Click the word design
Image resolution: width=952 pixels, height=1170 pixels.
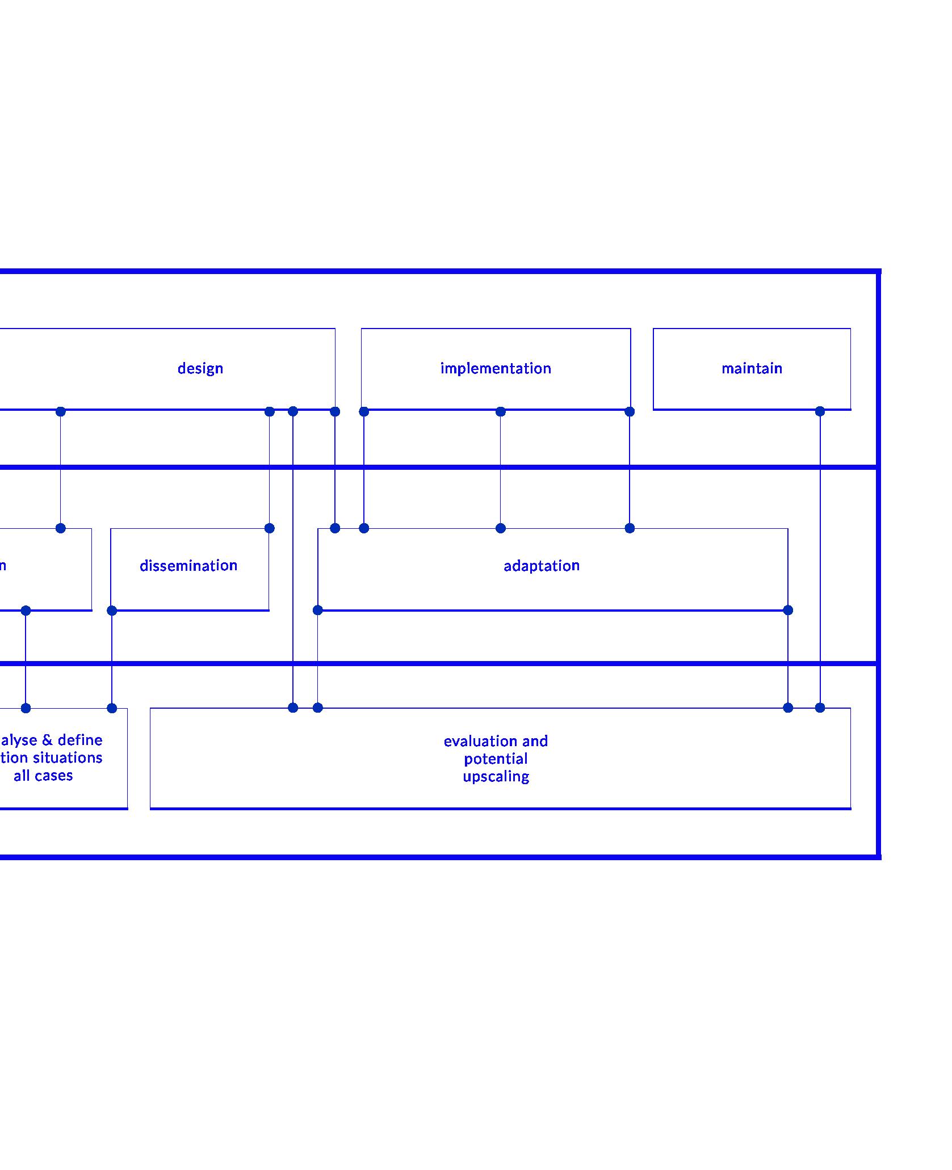(x=200, y=369)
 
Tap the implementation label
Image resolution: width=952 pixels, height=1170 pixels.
(x=496, y=369)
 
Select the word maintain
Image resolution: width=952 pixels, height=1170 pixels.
(x=752, y=369)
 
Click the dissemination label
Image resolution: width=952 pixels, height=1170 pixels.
(x=188, y=566)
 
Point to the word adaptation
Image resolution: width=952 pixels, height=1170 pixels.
(x=542, y=566)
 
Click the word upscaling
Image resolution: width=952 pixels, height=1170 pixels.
(x=496, y=777)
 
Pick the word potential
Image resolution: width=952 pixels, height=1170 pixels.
(x=496, y=759)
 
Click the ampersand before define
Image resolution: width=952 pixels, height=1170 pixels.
(x=47, y=740)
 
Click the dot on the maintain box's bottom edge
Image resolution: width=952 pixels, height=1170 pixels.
(x=820, y=411)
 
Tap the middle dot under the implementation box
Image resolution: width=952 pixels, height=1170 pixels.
(x=500, y=411)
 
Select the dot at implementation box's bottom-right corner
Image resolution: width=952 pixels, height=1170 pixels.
(x=630, y=411)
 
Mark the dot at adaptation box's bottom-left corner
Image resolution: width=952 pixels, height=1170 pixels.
(x=318, y=610)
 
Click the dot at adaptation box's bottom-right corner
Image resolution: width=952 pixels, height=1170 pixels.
(x=788, y=610)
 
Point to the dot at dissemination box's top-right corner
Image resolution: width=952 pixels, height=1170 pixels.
(x=270, y=528)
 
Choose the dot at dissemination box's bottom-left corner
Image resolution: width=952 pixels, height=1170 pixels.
(x=112, y=611)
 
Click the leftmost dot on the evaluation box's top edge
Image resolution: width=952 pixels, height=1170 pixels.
(x=293, y=708)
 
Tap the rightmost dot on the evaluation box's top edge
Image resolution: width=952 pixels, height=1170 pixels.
(x=820, y=708)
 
